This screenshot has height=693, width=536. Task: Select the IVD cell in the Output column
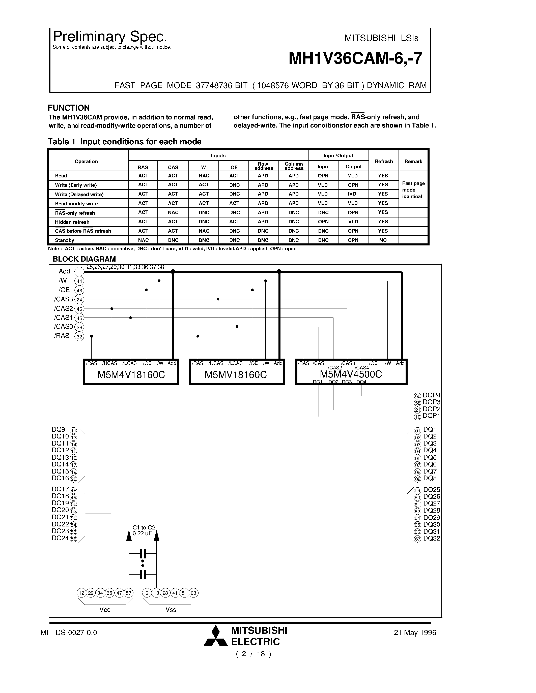[352, 194]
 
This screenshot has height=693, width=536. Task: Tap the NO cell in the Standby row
[383, 240]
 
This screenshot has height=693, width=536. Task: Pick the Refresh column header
[384, 162]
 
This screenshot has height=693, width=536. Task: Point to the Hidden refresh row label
[72, 222]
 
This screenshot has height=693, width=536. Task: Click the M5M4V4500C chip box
[351, 372]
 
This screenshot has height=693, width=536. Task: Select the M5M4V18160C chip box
[131, 372]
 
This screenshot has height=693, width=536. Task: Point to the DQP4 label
[431, 395]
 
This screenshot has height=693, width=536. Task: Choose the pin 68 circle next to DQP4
[417, 396]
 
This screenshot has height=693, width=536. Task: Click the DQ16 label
[60, 478]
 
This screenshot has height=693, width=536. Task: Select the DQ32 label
[432, 538]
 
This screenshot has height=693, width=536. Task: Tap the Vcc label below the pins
[105, 610]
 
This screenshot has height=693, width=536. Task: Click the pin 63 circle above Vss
[193, 593]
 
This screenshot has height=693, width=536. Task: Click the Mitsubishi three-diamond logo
[216, 636]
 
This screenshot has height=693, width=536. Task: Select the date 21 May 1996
[415, 633]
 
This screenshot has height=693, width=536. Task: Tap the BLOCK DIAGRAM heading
[84, 259]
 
